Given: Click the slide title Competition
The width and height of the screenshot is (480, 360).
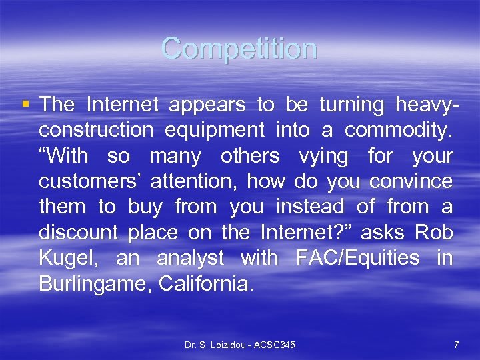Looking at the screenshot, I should click(239, 49).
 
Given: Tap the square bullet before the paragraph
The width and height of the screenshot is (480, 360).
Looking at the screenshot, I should click(26, 104).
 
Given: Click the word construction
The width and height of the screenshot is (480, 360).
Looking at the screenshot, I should click(96, 131).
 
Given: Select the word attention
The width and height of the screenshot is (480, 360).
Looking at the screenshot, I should click(200, 181).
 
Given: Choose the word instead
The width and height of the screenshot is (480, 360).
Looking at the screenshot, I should click(311, 207).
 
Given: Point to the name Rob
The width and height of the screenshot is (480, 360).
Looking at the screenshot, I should click(433, 232).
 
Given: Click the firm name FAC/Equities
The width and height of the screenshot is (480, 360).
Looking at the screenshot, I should click(358, 257).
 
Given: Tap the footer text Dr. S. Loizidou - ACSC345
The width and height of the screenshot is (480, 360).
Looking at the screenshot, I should click(240, 345).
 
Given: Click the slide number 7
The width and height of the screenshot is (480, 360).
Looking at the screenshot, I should click(456, 345).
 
